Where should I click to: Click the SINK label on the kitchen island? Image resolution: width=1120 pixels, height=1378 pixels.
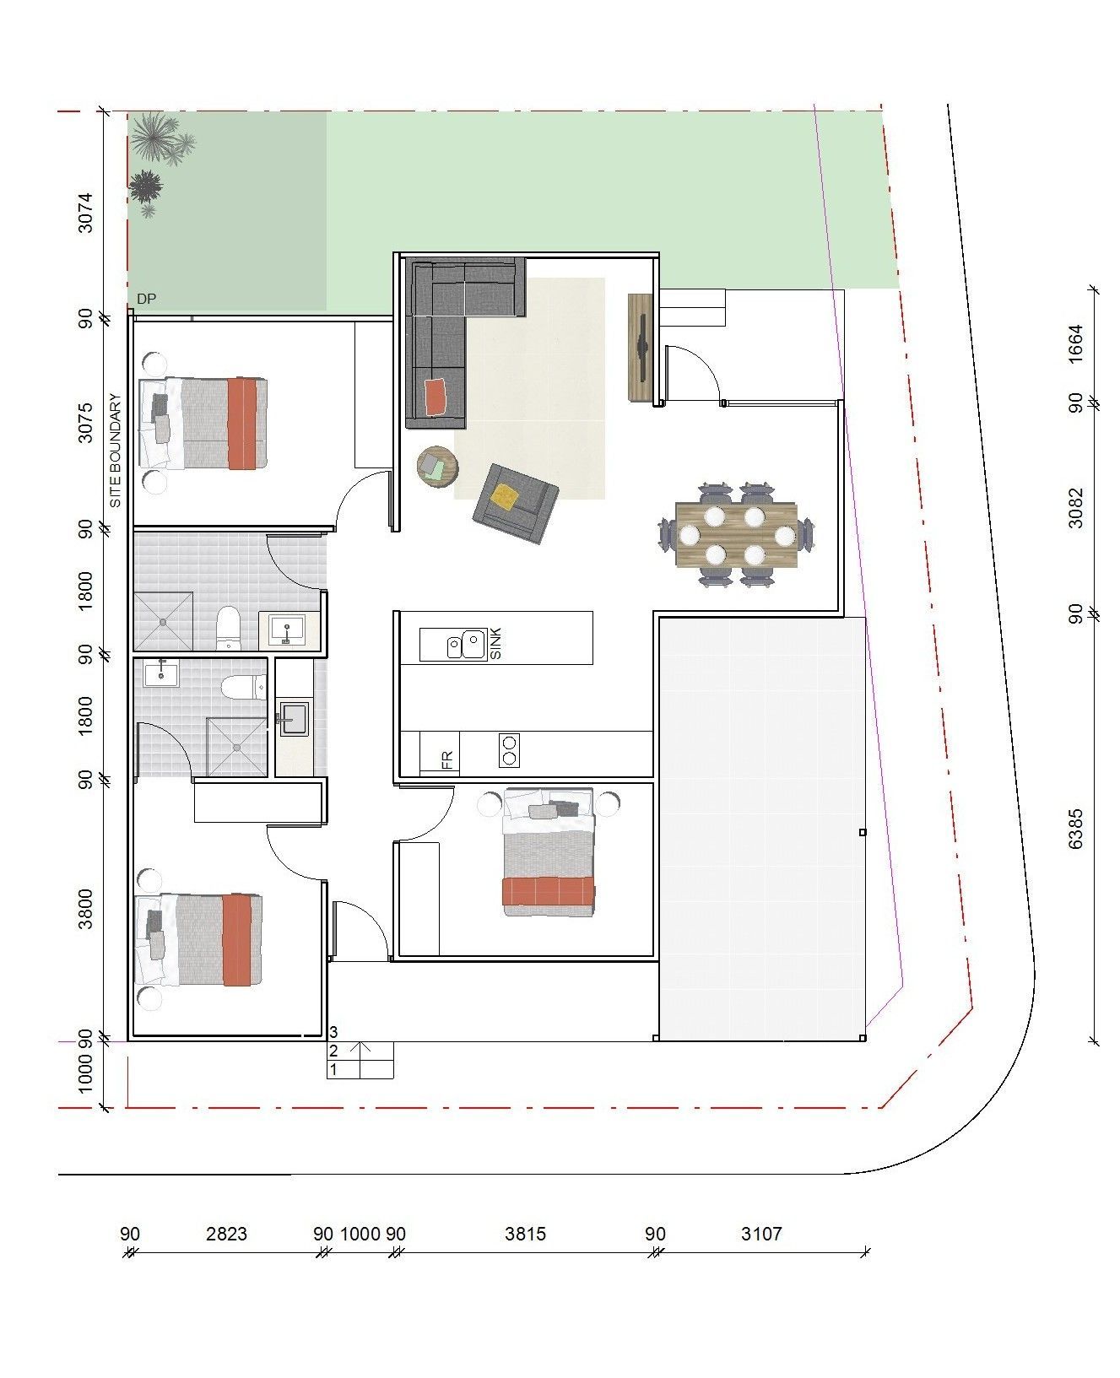pyautogui.click(x=495, y=643)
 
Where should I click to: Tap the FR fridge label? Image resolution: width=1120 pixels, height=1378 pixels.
pyautogui.click(x=447, y=760)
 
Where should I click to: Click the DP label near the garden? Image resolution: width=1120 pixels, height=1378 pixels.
pyautogui.click(x=147, y=299)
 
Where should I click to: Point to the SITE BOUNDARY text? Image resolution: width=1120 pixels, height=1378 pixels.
pyautogui.click(x=116, y=451)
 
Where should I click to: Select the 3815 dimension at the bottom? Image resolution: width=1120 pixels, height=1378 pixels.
pyautogui.click(x=525, y=1234)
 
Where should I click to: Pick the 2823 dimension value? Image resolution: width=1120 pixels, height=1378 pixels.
pyautogui.click(x=227, y=1234)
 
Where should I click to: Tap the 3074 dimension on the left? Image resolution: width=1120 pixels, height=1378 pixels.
pyautogui.click(x=85, y=213)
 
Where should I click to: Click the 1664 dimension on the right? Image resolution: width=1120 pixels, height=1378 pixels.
pyautogui.click(x=1075, y=344)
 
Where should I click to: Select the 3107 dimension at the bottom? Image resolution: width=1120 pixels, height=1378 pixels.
pyautogui.click(x=761, y=1234)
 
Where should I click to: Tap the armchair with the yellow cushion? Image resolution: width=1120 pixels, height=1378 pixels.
pyautogui.click(x=516, y=503)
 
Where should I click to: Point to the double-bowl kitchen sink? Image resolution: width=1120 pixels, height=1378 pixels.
pyautogui.click(x=467, y=645)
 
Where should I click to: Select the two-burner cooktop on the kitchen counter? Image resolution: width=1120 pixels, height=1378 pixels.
pyautogui.click(x=510, y=749)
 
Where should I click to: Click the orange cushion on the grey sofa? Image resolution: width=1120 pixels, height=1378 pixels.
pyautogui.click(x=436, y=397)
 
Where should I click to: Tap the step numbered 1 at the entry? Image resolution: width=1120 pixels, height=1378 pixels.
pyautogui.click(x=360, y=1069)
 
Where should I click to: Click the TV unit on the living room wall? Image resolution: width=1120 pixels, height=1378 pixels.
pyautogui.click(x=641, y=348)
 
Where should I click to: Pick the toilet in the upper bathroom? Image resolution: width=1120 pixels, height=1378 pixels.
pyautogui.click(x=229, y=627)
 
